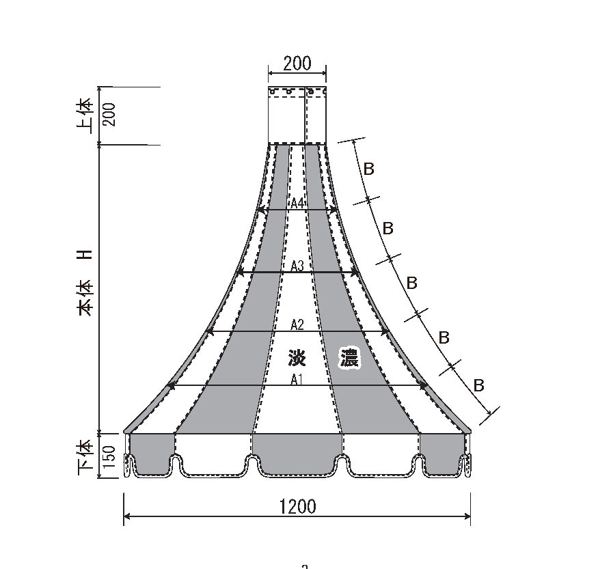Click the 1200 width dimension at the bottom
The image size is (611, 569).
pos(298,506)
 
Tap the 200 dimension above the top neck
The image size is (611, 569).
pos(297,64)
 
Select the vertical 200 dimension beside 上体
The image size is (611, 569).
pos(110,115)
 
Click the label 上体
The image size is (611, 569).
pos(85,116)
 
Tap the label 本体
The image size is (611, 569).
pos(85,298)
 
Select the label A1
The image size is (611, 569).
pos(297,379)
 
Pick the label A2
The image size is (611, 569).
pos(297,324)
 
